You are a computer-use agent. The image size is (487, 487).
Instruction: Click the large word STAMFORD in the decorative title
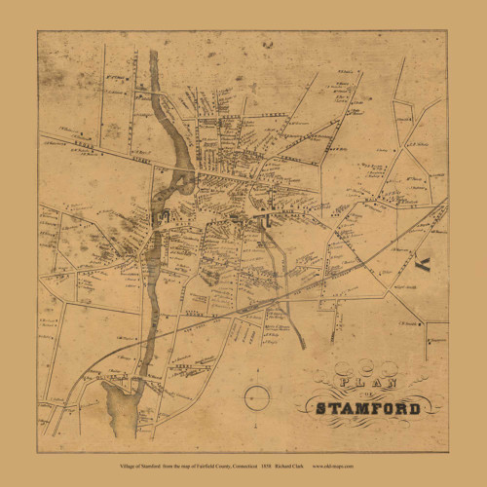[367, 407]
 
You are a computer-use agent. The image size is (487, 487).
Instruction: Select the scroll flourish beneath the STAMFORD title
[368, 424]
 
